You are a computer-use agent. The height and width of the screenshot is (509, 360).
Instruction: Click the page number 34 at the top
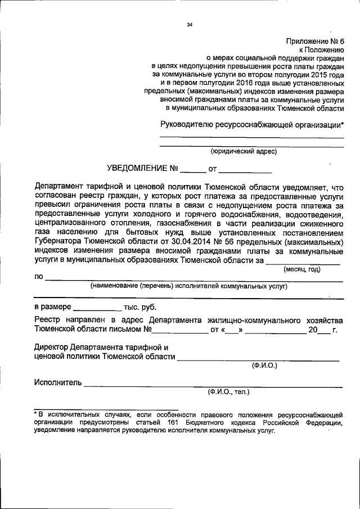190,24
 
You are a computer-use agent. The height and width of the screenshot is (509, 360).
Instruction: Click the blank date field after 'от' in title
245,169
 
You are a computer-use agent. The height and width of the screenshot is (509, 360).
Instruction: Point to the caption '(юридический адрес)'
244,151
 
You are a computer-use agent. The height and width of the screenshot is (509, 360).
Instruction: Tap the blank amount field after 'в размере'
97,308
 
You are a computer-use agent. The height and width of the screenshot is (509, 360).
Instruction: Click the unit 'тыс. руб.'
141,308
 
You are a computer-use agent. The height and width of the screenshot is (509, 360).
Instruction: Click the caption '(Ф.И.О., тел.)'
228,391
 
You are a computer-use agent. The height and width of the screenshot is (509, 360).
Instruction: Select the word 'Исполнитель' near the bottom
57,383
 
